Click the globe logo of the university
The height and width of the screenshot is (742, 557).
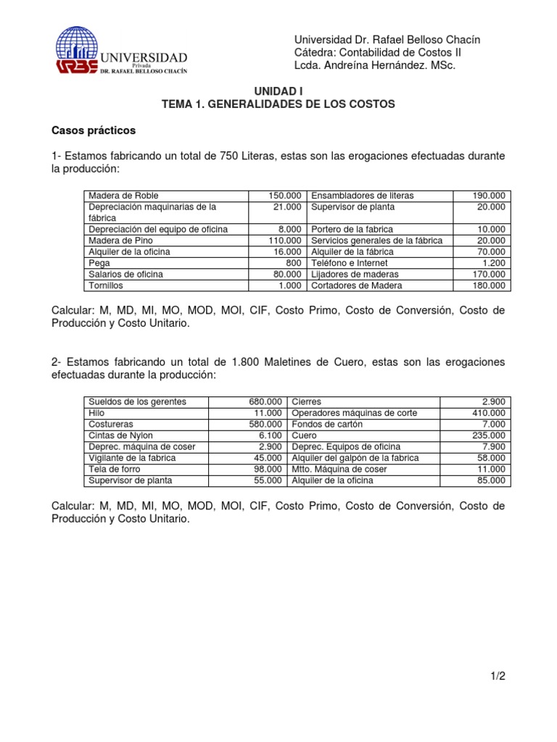[78, 45]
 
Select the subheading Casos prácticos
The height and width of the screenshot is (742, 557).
[94, 131]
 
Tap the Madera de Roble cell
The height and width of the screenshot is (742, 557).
[123, 196]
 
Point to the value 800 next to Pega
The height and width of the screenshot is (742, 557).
[293, 263]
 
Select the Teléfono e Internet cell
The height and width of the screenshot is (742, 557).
[350, 263]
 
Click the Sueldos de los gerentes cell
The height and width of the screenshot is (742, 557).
[137, 401]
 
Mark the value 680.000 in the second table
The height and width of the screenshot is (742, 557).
[265, 401]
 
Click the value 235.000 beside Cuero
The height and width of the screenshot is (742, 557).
[490, 435]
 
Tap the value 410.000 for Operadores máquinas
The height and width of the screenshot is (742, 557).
[490, 413]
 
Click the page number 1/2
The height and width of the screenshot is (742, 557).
[497, 676]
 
